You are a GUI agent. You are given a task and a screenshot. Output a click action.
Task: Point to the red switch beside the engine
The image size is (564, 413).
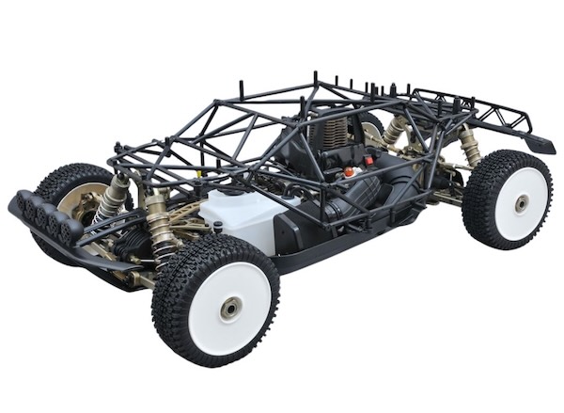point(368,161)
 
